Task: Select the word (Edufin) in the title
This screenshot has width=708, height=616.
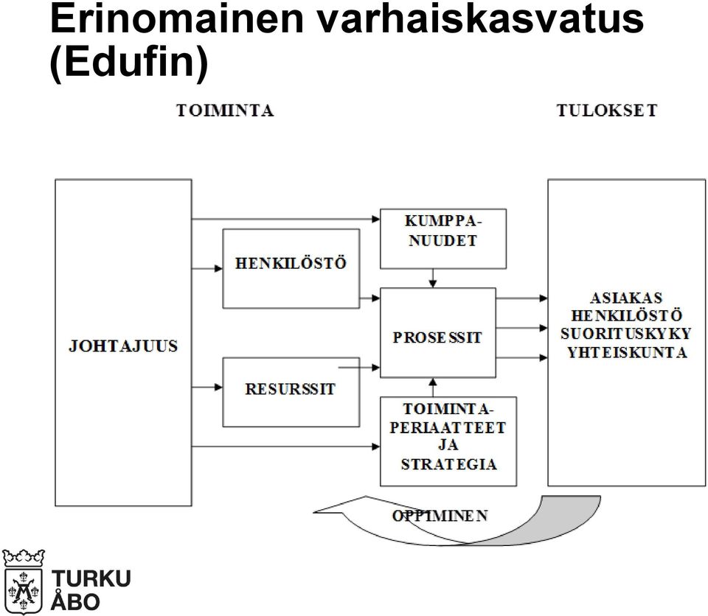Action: pos(129,63)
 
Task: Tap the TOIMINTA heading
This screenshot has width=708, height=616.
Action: pos(225,111)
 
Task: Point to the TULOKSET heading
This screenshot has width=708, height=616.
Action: pos(607,111)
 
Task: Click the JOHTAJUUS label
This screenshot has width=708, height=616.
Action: pos(123,346)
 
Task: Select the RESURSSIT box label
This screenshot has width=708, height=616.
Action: pos(291,388)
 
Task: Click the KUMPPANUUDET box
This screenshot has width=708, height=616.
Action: pos(443,239)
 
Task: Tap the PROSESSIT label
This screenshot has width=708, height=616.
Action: pos(437,337)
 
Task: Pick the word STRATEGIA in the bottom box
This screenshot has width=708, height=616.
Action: pos(449,464)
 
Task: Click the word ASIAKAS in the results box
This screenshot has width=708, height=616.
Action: pos(626,298)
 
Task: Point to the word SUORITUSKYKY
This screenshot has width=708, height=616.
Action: pos(626,334)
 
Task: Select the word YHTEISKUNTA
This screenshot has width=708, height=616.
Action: pos(627,352)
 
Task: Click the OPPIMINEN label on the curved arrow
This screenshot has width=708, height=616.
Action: pos(440,515)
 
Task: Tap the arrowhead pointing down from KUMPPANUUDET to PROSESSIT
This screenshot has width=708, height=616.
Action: pos(433,284)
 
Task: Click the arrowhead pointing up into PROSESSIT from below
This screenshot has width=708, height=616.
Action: pos(433,382)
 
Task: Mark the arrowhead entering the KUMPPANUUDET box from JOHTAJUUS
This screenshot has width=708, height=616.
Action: pos(375,220)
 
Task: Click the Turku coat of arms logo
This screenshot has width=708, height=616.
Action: pos(24,581)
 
